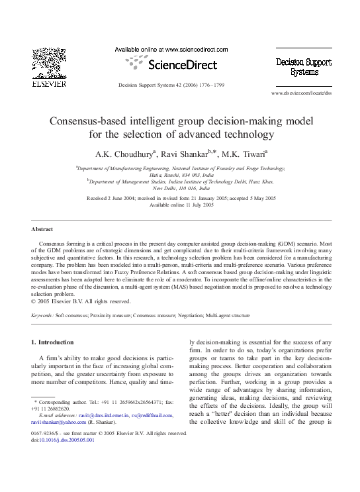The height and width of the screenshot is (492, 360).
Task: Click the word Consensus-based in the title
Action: pos(115,123)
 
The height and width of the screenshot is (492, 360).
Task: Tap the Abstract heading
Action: pos(42,230)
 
